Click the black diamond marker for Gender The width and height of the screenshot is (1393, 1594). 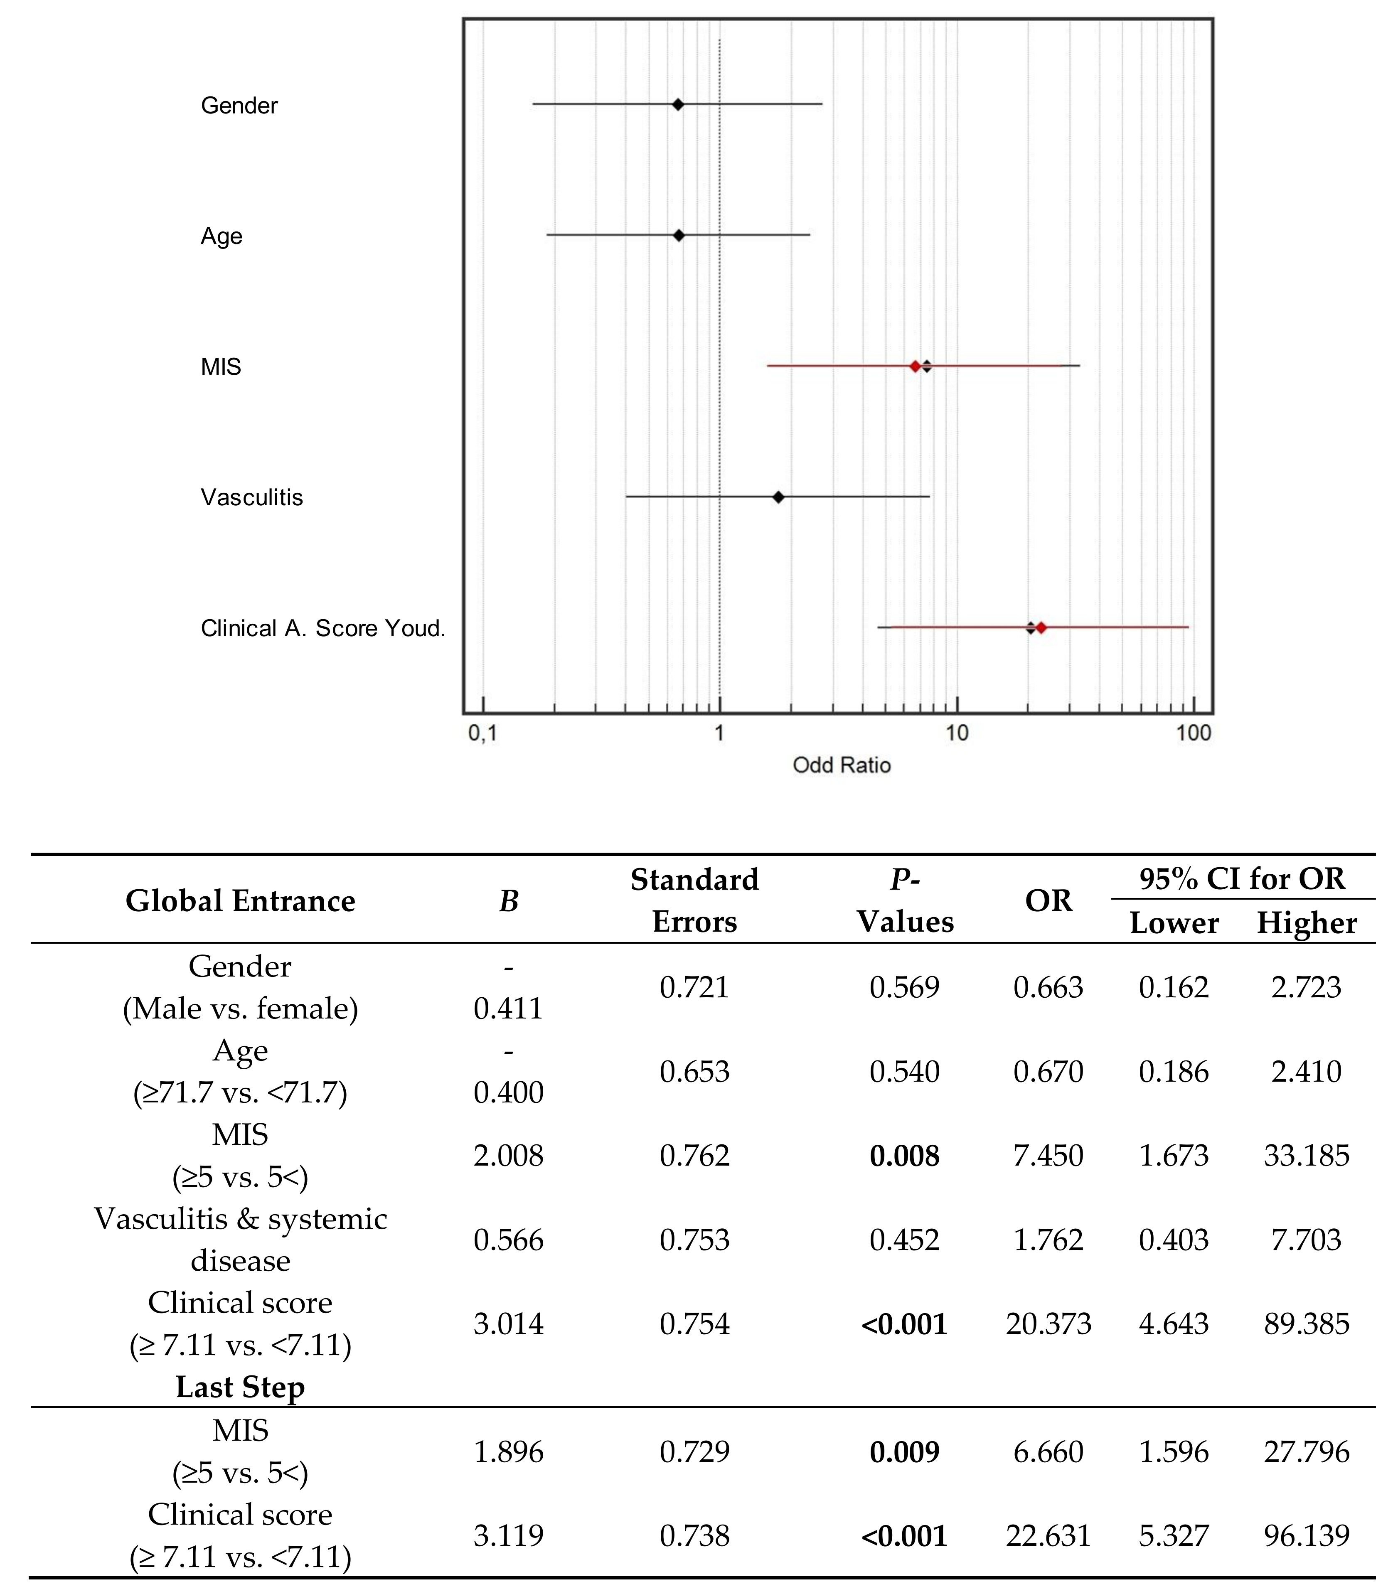pyautogui.click(x=678, y=104)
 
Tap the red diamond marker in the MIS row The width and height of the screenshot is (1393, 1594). pyautogui.click(x=916, y=366)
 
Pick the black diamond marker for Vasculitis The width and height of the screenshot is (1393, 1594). pyautogui.click(x=778, y=497)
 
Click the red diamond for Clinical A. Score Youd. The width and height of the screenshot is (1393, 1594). pyautogui.click(x=1041, y=628)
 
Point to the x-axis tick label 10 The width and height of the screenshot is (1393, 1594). pyautogui.click(x=957, y=733)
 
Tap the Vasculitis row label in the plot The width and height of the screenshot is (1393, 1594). pyautogui.click(x=252, y=497)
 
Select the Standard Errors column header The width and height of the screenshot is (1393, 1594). pyautogui.click(x=694, y=901)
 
